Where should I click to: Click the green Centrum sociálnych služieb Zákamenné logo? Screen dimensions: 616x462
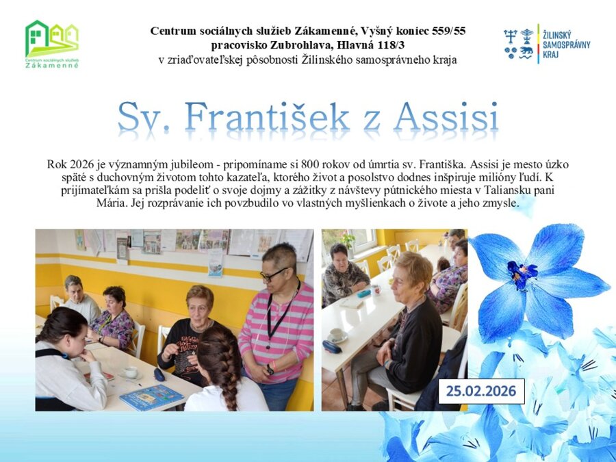[52, 44]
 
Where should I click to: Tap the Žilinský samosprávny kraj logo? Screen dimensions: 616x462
[547, 44]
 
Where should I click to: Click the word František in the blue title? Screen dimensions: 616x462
[267, 116]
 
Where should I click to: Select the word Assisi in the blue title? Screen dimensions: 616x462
[446, 116]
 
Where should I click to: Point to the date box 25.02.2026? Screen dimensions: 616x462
[481, 392]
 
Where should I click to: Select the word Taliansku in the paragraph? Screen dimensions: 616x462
[507, 190]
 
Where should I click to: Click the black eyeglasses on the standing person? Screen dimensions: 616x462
[272, 274]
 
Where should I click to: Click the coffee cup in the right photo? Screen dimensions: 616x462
[336, 334]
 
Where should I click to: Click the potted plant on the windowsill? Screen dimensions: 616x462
[348, 240]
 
